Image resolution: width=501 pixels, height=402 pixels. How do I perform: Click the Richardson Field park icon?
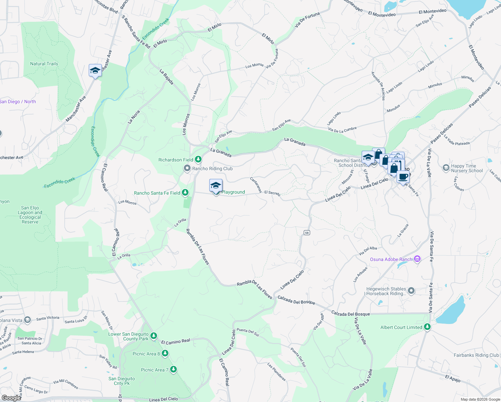(x=198, y=159)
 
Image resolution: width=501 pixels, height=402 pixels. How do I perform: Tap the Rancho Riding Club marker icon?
(x=187, y=168)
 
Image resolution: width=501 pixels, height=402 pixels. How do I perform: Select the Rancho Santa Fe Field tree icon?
(x=185, y=193)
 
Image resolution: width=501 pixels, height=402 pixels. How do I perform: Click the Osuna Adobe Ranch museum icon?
(x=417, y=259)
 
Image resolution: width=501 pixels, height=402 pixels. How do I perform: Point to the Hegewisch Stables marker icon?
(x=411, y=291)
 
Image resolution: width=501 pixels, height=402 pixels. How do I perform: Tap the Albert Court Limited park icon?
(x=427, y=327)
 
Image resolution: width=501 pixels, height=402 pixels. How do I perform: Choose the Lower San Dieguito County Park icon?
(x=154, y=335)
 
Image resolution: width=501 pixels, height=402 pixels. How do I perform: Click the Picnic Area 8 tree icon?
(x=165, y=353)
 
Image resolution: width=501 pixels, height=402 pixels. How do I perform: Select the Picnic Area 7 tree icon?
(x=173, y=369)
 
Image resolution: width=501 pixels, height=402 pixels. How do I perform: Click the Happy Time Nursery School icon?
(x=446, y=167)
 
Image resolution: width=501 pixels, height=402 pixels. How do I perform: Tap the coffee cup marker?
(x=403, y=177)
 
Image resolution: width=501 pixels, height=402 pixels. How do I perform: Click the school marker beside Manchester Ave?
(x=95, y=70)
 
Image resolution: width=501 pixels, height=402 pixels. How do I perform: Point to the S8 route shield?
(x=307, y=232)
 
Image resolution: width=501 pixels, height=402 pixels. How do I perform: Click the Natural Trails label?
(x=44, y=64)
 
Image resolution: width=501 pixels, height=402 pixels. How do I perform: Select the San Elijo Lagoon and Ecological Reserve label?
(x=30, y=215)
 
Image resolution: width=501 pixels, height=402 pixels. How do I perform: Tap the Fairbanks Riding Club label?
(x=476, y=355)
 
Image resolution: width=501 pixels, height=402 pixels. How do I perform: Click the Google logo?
(x=11, y=398)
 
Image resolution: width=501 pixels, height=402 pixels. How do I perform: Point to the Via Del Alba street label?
(x=368, y=251)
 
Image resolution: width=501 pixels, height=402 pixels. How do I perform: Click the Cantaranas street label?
(x=256, y=185)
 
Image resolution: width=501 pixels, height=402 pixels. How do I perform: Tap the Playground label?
(x=233, y=192)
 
